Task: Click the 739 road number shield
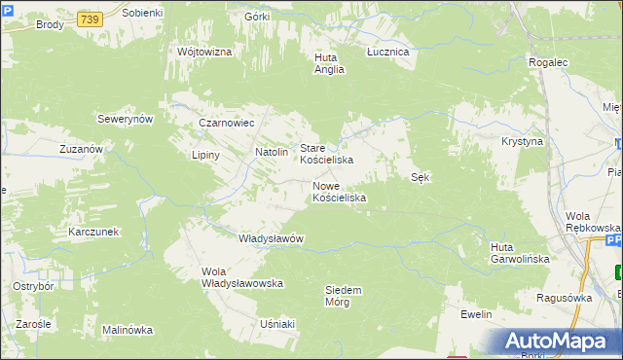coord(91,19)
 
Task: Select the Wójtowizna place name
coord(204,52)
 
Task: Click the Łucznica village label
coord(387,52)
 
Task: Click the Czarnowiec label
coord(226,124)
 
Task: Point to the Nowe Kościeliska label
coord(339,192)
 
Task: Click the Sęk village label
coord(421,177)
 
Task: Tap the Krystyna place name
coord(522,141)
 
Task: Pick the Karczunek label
coord(93,232)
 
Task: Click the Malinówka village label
coord(128,330)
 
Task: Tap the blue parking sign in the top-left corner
coord(9,9)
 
